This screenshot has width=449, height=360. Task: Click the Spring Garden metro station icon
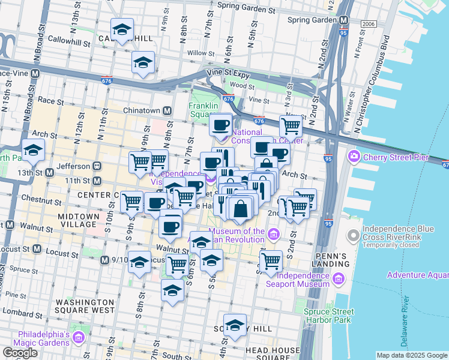pyautogui.click(x=344, y=20)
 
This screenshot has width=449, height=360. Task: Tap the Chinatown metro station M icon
pyautogui.click(x=166, y=111)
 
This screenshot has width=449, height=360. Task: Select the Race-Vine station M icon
pyautogui.click(x=35, y=73)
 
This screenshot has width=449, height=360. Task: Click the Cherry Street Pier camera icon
pyautogui.click(x=354, y=157)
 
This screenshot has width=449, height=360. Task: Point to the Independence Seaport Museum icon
pyautogui.click(x=337, y=278)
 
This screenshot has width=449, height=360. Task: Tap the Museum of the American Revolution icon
pyautogui.click(x=273, y=233)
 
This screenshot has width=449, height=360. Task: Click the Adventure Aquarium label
pyautogui.click(x=417, y=275)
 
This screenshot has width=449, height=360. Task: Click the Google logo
pyautogui.click(x=20, y=353)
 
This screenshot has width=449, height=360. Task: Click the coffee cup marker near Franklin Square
pyautogui.click(x=221, y=125)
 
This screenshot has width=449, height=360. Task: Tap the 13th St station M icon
pyautogui.click(x=49, y=172)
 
